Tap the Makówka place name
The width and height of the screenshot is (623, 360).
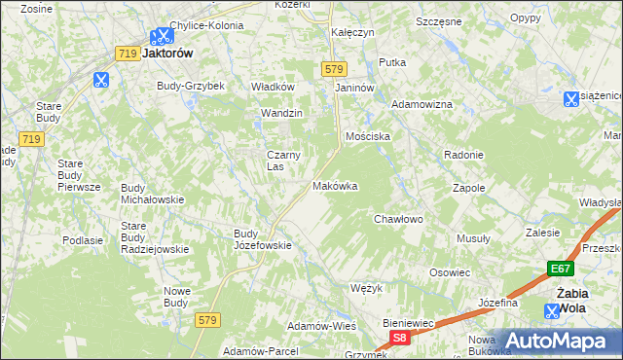pos(335,186)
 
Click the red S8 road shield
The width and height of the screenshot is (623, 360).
pos(398,337)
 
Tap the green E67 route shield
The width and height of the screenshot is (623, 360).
pos(559,270)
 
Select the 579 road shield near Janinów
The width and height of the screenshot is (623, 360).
pos(334,68)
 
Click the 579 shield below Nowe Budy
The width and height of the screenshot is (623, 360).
pos(205,319)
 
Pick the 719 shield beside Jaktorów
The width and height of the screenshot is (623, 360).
pos(126,54)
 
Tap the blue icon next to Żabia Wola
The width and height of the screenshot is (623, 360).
pos(553,311)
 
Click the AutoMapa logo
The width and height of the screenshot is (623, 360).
pos(559,341)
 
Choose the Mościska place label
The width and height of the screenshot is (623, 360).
pos(367,137)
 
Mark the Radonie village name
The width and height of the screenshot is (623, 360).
pos(463,156)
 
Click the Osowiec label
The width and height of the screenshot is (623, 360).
pos(450,272)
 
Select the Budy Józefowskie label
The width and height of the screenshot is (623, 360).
pos(263,239)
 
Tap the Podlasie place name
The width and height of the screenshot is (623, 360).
pos(83,240)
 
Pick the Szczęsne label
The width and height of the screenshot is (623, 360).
pos(439,20)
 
